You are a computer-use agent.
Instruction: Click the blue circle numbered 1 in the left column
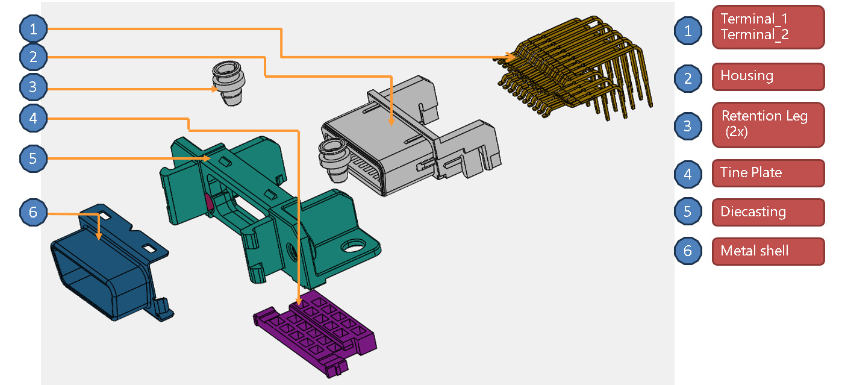[33, 28]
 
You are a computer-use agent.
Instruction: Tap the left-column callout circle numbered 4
[33, 119]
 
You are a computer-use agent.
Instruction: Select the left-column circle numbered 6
[33, 212]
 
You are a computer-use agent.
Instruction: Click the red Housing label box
[768, 77]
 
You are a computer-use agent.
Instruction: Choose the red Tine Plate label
[768, 173]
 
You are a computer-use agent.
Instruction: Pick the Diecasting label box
[768, 212]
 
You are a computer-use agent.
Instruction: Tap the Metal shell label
[768, 251]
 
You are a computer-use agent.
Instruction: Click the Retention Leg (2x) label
[768, 125]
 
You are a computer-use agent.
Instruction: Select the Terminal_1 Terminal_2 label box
[768, 27]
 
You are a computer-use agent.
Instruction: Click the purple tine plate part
[316, 333]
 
